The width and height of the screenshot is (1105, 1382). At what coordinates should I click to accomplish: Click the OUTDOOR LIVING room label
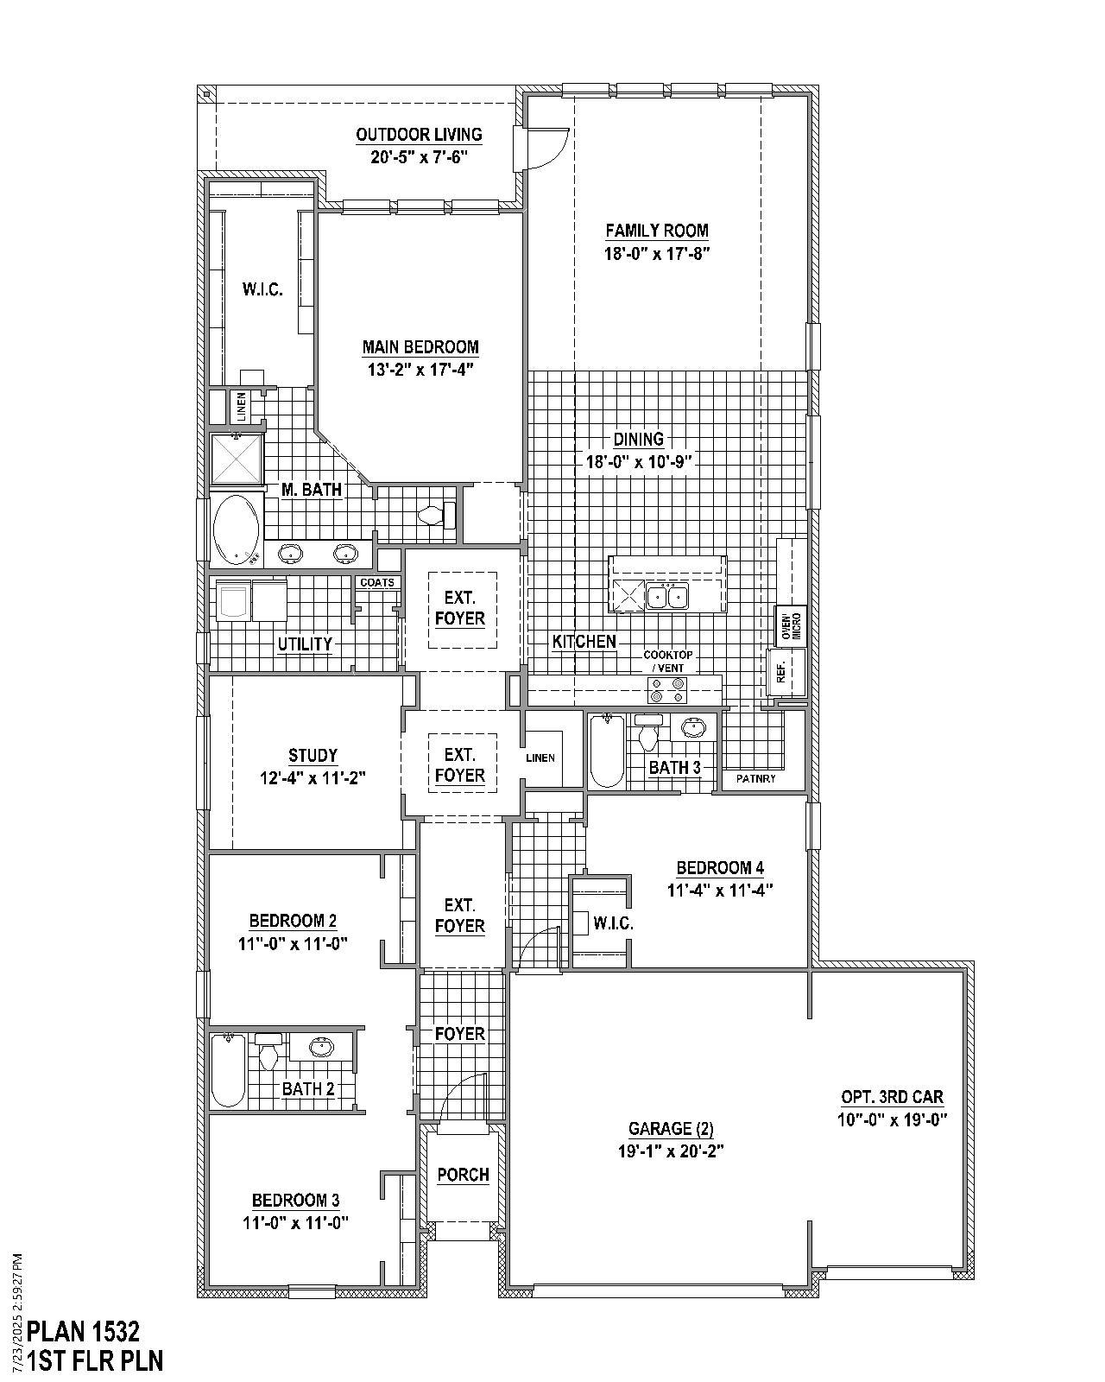point(419,135)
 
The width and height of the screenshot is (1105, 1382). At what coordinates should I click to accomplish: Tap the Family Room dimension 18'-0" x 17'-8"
point(657,254)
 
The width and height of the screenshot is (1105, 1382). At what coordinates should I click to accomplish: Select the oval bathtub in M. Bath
point(236,528)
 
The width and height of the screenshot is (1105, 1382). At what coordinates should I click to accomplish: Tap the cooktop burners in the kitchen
point(667,689)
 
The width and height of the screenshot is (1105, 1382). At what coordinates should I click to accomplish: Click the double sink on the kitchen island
point(667,596)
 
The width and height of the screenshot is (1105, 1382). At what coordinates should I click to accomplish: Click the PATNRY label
point(756,779)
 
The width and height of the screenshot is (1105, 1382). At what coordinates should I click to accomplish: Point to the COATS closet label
point(377,583)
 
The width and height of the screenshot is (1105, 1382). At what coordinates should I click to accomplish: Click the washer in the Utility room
point(230,601)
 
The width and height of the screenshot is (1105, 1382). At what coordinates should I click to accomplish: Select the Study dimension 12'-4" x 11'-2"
point(313,777)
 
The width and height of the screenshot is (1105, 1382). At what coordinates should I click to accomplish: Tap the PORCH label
point(463,1175)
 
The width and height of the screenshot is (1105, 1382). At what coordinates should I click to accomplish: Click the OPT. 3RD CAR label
point(892,1097)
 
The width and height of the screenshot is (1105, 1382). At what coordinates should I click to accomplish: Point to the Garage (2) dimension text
point(671,1151)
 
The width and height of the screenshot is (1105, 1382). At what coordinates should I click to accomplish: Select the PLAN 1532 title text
point(84,1330)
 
